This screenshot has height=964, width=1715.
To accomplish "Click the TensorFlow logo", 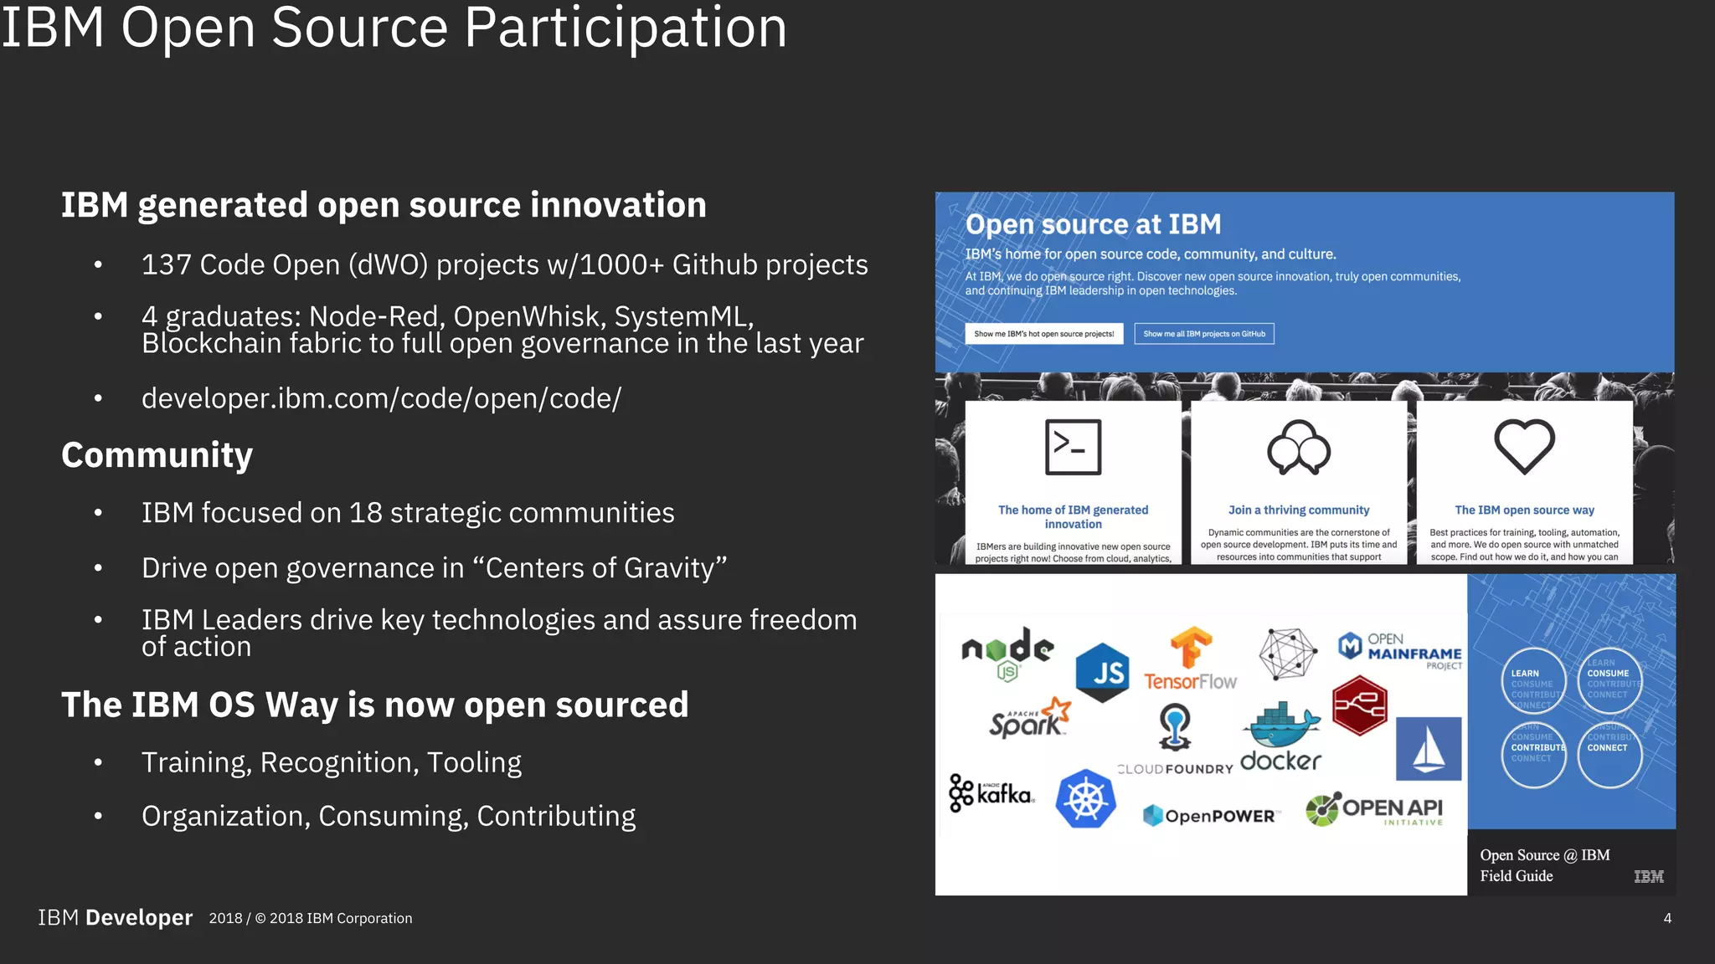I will [1190, 659].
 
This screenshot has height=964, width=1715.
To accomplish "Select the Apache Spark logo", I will [1029, 718].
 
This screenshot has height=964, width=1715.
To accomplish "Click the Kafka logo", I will [991, 792].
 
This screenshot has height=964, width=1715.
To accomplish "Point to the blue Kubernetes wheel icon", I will [1086, 799].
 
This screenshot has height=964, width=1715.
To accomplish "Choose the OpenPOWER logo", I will [1209, 815].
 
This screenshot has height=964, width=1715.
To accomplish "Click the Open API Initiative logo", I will [1374, 809].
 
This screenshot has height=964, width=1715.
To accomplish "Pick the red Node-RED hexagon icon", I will [1359, 706].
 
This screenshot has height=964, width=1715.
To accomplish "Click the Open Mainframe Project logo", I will [1399, 651].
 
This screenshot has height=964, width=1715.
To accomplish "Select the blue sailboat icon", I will [1429, 748].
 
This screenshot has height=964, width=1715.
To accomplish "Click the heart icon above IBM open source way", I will [1524, 447].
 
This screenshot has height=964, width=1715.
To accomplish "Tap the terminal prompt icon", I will [1073, 447].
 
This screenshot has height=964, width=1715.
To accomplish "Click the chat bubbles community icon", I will [1298, 447].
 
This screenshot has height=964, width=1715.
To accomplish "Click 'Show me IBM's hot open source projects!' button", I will [1043, 334].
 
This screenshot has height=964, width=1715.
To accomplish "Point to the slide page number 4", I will [1667, 918].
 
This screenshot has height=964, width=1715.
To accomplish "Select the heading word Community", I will [157, 455].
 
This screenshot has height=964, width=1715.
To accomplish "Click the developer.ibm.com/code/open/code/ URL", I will [381, 398].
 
